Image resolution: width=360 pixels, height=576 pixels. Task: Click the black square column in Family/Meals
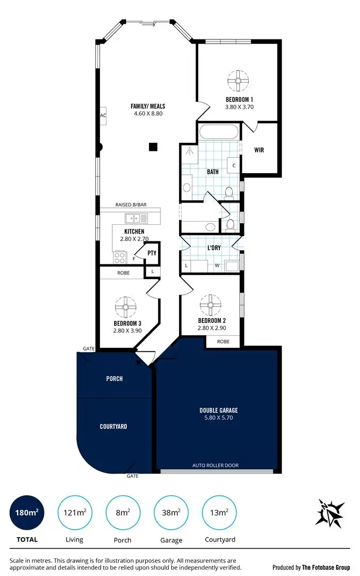click(153, 147)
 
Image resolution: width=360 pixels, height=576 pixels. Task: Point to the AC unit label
click(103, 116)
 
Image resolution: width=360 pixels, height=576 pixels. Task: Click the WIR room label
click(259, 150)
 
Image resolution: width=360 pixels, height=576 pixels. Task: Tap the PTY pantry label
click(152, 253)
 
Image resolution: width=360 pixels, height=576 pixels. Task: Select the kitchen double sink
click(136, 218)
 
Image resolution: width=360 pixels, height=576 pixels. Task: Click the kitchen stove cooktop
click(118, 258)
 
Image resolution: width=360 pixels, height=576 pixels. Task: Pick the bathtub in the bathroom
click(219, 132)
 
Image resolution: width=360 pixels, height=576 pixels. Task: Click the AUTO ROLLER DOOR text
click(215, 466)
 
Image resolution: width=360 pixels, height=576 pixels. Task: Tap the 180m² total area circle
click(27, 513)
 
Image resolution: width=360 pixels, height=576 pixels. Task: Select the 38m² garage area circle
click(171, 513)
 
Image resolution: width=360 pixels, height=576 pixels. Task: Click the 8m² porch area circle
click(123, 513)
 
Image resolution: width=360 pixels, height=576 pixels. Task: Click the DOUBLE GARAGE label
click(218, 410)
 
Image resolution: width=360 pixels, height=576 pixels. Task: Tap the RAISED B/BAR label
click(131, 205)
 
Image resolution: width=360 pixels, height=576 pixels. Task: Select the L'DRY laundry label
click(215, 248)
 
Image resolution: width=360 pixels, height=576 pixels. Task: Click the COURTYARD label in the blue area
click(113, 426)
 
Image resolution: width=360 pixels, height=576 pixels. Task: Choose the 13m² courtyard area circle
click(220, 513)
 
